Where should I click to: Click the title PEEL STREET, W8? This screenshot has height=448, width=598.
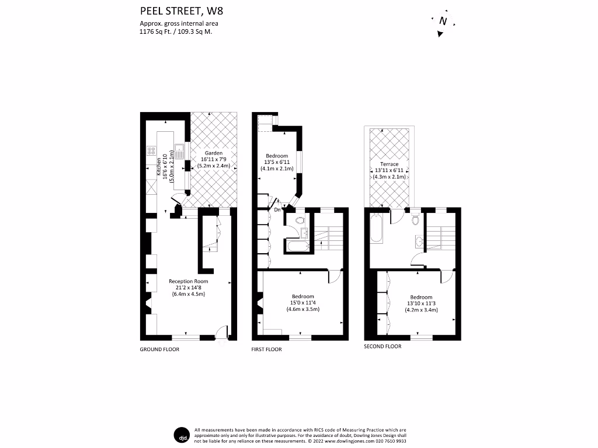pos(174,10)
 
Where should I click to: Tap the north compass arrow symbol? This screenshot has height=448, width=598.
pos(443,22)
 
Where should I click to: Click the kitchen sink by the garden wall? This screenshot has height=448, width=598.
pos(180,152)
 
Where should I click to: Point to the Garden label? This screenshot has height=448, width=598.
pos(213,152)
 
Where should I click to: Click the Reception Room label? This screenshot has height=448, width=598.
pos(188,281)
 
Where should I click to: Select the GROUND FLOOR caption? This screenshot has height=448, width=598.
pos(159,349)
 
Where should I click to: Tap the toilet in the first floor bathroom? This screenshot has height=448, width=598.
pos(300,221)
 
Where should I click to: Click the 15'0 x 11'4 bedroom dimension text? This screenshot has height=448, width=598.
pos(303,303)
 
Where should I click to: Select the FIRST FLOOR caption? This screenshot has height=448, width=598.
pos(266,349)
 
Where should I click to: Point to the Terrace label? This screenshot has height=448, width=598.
pos(389,164)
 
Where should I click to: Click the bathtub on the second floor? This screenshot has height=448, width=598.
pos(377,230)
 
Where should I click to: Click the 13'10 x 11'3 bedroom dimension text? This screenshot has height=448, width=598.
pos(420,303)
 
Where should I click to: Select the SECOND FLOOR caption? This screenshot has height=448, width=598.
pos(383,346)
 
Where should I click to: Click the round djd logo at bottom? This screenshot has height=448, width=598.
pos(182,435)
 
